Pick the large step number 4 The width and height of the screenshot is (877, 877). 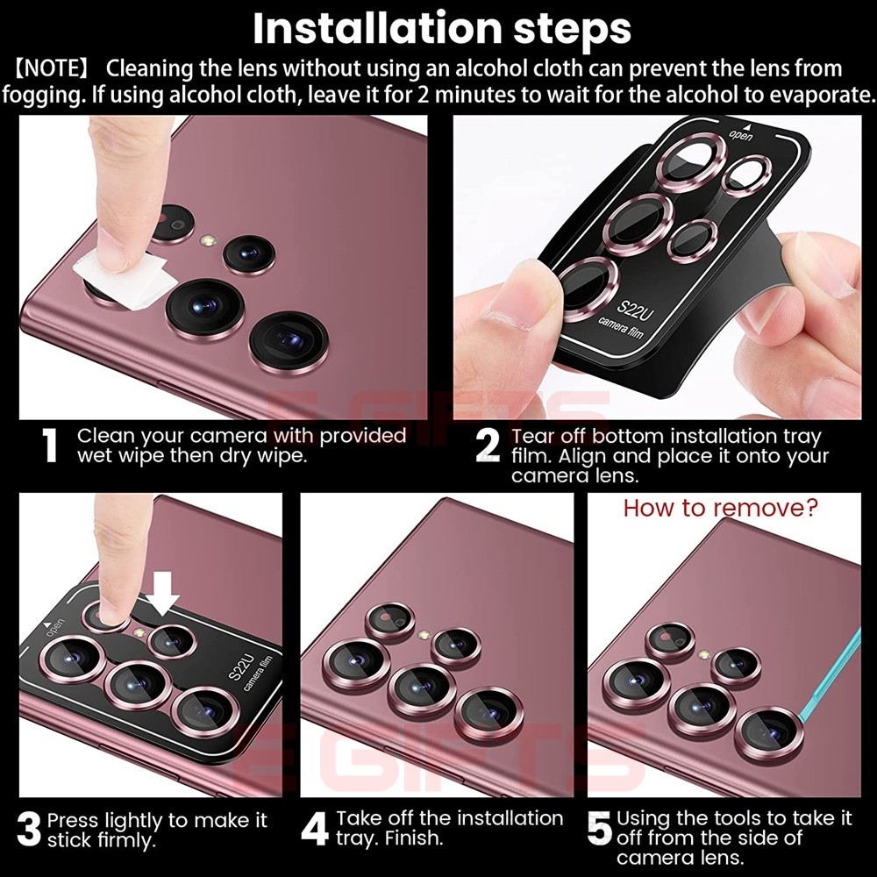click(314, 830)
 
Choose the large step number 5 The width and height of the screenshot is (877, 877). click(599, 830)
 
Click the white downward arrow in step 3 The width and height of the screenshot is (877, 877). click(163, 602)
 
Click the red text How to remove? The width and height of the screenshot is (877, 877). click(720, 508)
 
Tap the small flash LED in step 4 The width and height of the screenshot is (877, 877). click(424, 633)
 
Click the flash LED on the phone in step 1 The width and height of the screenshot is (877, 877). click(209, 239)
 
